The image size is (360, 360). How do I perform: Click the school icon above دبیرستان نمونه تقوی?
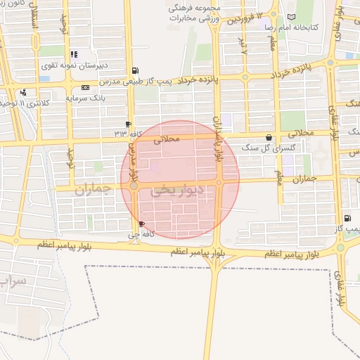[74, 53]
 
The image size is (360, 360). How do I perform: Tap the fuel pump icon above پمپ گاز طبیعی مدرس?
[135, 70]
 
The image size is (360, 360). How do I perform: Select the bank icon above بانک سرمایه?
[85, 88]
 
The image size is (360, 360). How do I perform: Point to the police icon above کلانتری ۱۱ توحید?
[24, 92]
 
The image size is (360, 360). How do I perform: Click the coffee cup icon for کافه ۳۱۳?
[127, 124]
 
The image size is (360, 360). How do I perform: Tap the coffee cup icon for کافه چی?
[143, 224]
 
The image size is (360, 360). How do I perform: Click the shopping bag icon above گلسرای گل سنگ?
[269, 138]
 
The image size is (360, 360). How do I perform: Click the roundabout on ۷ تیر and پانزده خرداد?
[245, 77]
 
